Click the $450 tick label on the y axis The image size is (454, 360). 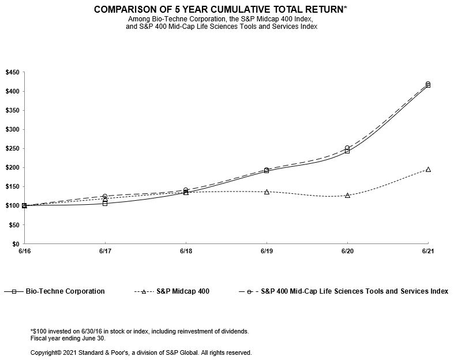point(13,72)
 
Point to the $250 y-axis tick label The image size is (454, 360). point(13,148)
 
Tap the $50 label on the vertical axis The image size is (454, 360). point(14,225)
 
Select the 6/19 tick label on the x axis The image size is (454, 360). point(266,252)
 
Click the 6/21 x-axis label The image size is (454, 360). point(427,252)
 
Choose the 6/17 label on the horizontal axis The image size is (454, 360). point(104,252)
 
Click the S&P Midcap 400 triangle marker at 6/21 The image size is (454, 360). point(428,170)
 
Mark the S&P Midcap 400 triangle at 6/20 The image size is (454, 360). point(347,196)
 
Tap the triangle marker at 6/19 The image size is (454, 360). point(267,192)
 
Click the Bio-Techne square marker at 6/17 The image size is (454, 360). point(105,203)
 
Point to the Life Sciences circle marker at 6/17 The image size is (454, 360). point(105,197)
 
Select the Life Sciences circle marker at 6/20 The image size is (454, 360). point(347,148)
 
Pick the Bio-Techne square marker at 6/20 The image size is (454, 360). point(347,151)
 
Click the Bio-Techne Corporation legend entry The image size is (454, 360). point(65,291)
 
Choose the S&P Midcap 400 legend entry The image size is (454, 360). point(183,291)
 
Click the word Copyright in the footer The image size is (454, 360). point(45,352)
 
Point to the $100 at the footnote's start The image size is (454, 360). point(39,331)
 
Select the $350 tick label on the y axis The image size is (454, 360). point(13,110)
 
